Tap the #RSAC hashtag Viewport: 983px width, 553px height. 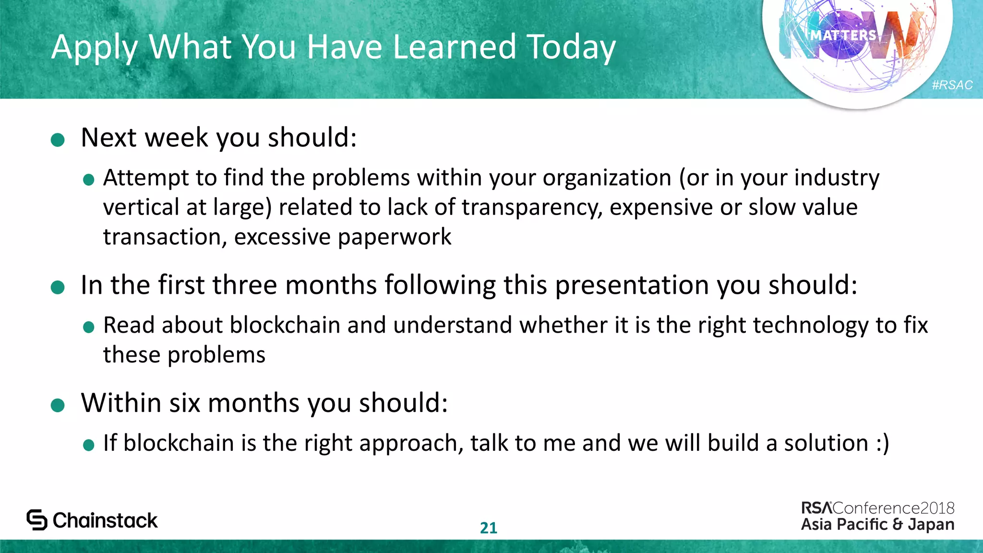pos(952,85)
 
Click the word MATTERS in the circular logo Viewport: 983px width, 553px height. pos(843,36)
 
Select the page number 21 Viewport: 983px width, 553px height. pos(488,528)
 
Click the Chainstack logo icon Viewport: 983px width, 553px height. pos(37,520)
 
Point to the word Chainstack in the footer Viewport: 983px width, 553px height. pos(105,520)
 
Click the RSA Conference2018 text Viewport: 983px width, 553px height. pos(877,508)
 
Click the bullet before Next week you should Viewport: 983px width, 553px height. pos(58,140)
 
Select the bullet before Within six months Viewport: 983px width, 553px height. pos(58,405)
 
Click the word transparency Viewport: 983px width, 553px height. pos(531,207)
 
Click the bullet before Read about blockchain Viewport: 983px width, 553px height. pos(89,327)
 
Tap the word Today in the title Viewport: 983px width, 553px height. pos(571,47)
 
